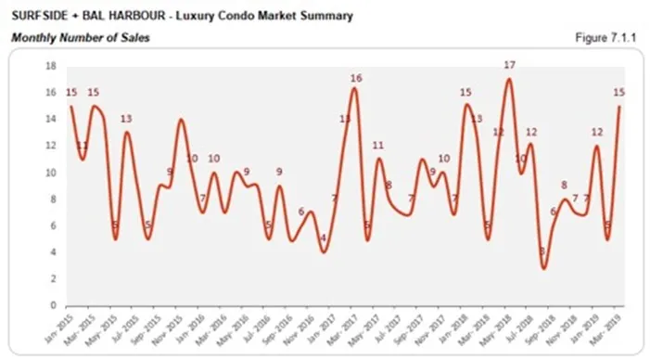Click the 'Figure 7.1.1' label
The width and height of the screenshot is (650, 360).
[x=611, y=37]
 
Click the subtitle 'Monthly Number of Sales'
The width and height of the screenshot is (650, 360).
[x=80, y=38]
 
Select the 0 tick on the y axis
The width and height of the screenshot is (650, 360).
[x=54, y=305]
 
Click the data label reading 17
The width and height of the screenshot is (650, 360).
[x=509, y=65]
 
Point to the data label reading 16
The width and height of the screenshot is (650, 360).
[x=355, y=78]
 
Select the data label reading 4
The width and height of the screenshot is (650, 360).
[x=323, y=238]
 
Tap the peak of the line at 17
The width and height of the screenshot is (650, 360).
[x=509, y=79]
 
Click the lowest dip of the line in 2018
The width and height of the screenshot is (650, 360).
[x=544, y=267]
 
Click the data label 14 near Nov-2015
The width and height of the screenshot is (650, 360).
[x=182, y=118]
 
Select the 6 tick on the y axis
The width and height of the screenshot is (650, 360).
[x=54, y=225]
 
